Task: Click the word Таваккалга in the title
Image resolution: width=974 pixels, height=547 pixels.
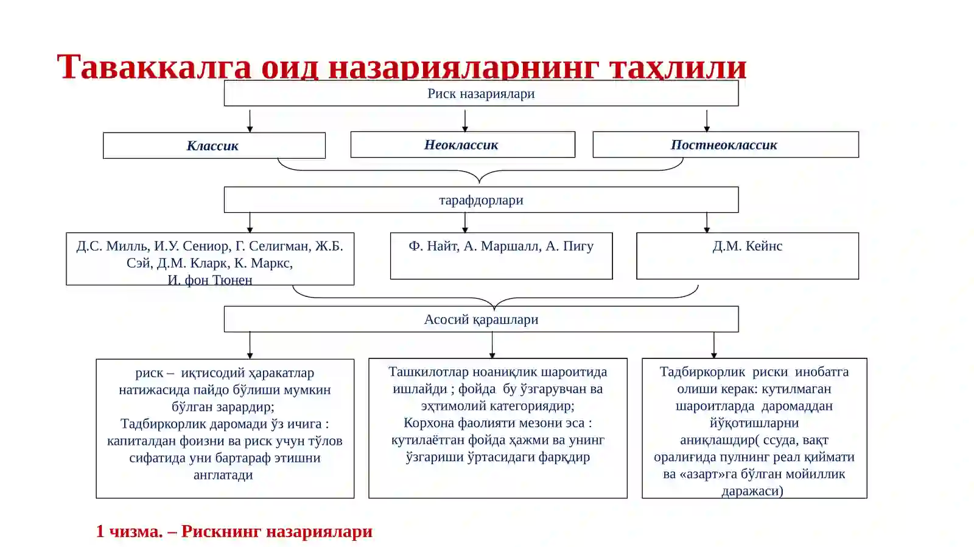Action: click(155, 68)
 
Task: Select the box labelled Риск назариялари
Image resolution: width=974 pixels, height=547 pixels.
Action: click(481, 93)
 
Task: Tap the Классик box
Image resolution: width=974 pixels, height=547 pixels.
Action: click(214, 145)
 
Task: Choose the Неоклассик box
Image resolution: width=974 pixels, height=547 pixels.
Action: click(463, 145)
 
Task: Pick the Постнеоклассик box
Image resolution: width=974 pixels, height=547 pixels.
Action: click(726, 145)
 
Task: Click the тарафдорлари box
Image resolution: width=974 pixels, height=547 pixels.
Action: click(481, 200)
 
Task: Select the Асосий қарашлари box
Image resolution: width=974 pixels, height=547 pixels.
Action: click(481, 319)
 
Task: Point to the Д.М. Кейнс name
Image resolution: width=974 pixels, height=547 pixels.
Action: click(748, 246)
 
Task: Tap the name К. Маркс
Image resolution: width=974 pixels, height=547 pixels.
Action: click(264, 263)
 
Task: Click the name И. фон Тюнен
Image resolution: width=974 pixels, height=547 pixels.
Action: click(210, 280)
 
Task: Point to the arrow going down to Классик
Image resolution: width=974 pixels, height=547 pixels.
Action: click(250, 121)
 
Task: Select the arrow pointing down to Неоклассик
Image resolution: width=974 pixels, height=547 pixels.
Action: click(465, 121)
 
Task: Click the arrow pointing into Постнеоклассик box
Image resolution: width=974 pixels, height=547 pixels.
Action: click(707, 121)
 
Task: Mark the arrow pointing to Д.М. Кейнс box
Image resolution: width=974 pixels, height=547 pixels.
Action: click(707, 223)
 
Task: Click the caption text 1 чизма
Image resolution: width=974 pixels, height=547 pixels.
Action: click(129, 531)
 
